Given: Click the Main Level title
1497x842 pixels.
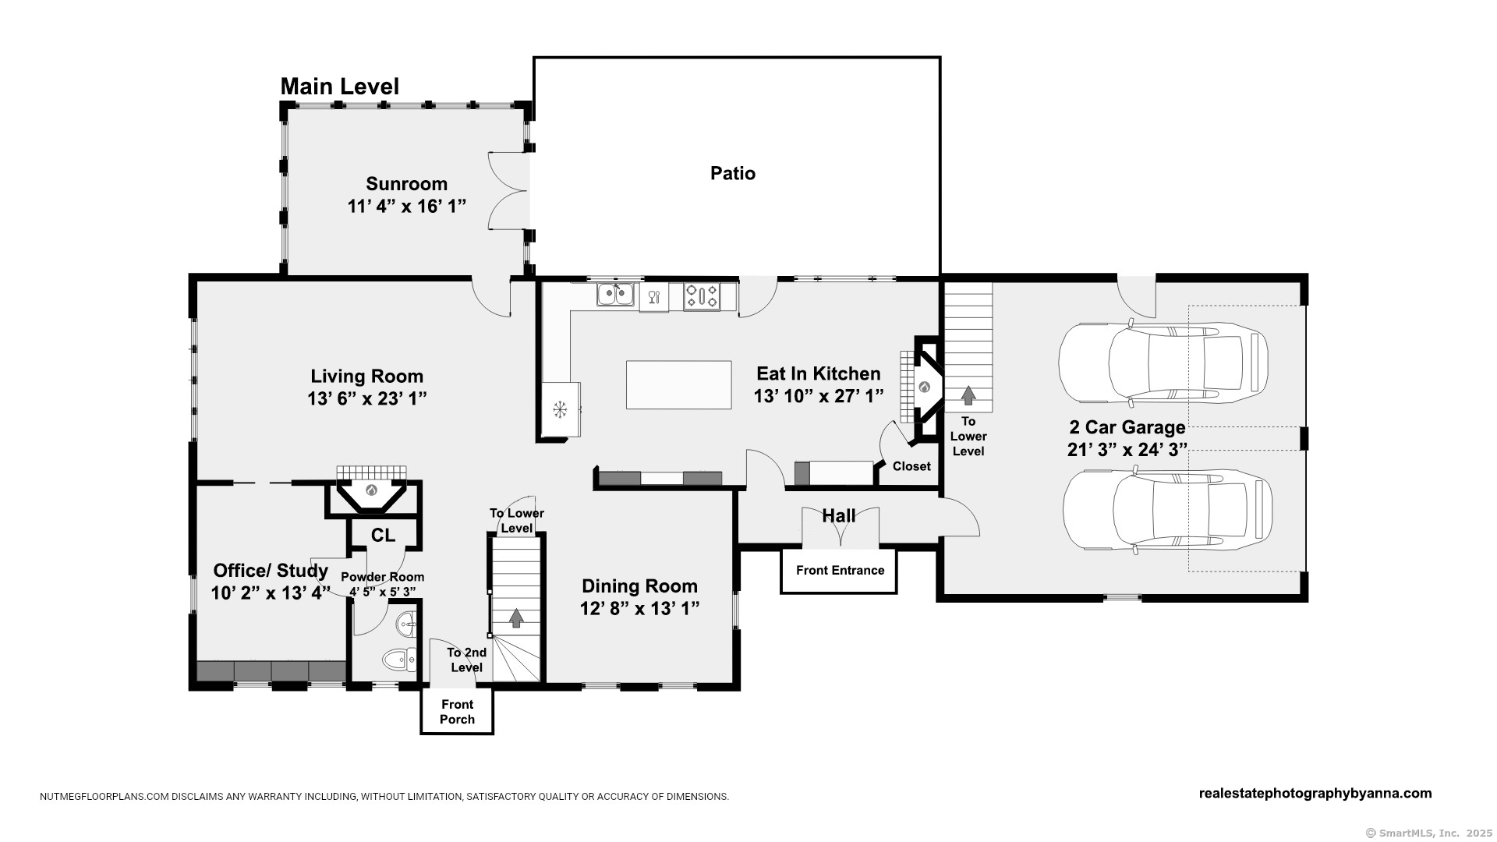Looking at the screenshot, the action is click(339, 87).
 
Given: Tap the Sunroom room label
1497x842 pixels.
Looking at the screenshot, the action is click(407, 184).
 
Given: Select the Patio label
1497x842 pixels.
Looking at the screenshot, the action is click(733, 173).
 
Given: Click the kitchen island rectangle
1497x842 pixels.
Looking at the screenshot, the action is click(679, 385).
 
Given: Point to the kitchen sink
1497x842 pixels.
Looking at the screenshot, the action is click(615, 295).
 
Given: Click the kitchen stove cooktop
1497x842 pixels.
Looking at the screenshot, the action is click(702, 296).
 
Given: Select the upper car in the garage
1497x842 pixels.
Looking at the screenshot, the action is click(1163, 363).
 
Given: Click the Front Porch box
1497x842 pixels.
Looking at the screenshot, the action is click(457, 711).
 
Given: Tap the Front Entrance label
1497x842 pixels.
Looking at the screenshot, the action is click(841, 571).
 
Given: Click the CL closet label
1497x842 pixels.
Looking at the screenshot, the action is click(383, 536).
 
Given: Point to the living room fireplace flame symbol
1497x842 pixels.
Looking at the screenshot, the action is click(372, 490).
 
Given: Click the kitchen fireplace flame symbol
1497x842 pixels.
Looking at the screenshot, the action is click(925, 386).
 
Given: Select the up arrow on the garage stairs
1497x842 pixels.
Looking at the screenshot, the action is click(968, 394).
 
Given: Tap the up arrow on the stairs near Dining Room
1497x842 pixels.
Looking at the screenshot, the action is click(516, 617).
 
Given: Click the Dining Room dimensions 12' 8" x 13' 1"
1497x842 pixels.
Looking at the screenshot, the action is click(639, 609).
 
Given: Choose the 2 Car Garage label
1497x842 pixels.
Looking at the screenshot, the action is click(1127, 427).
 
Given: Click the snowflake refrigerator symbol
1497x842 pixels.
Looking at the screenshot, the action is click(559, 409).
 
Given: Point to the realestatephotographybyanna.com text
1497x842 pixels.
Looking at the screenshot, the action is click(1315, 794).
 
